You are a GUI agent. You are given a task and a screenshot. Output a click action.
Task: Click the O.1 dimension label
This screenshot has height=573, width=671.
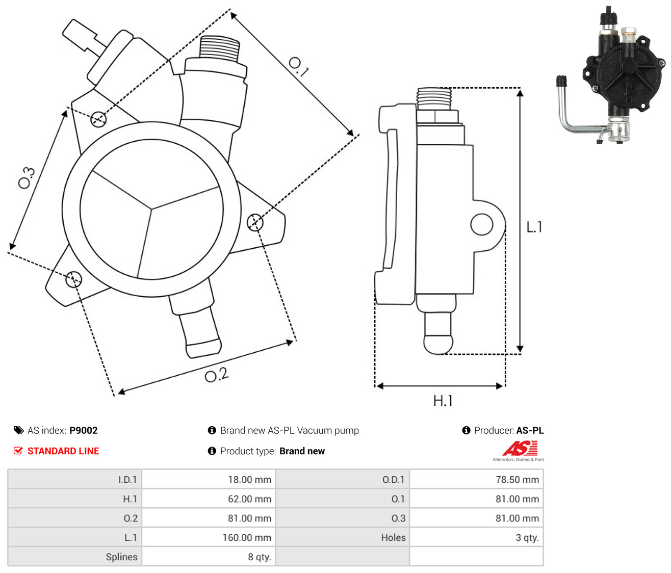coord(298,67)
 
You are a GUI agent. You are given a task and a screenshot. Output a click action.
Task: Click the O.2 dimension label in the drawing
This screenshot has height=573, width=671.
coord(217,375)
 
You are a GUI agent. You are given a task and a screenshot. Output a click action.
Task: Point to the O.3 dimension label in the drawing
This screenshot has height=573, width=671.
coord(27,177)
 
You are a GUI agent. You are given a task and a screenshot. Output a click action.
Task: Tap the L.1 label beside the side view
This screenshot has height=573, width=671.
coord(534,227)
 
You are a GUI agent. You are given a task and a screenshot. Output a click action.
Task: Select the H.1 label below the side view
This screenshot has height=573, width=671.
coord(443,401)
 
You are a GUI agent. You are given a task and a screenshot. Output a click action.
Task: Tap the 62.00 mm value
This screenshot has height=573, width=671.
coord(249,499)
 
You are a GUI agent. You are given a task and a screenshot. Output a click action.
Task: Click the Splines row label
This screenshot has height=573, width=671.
coord(121,557)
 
